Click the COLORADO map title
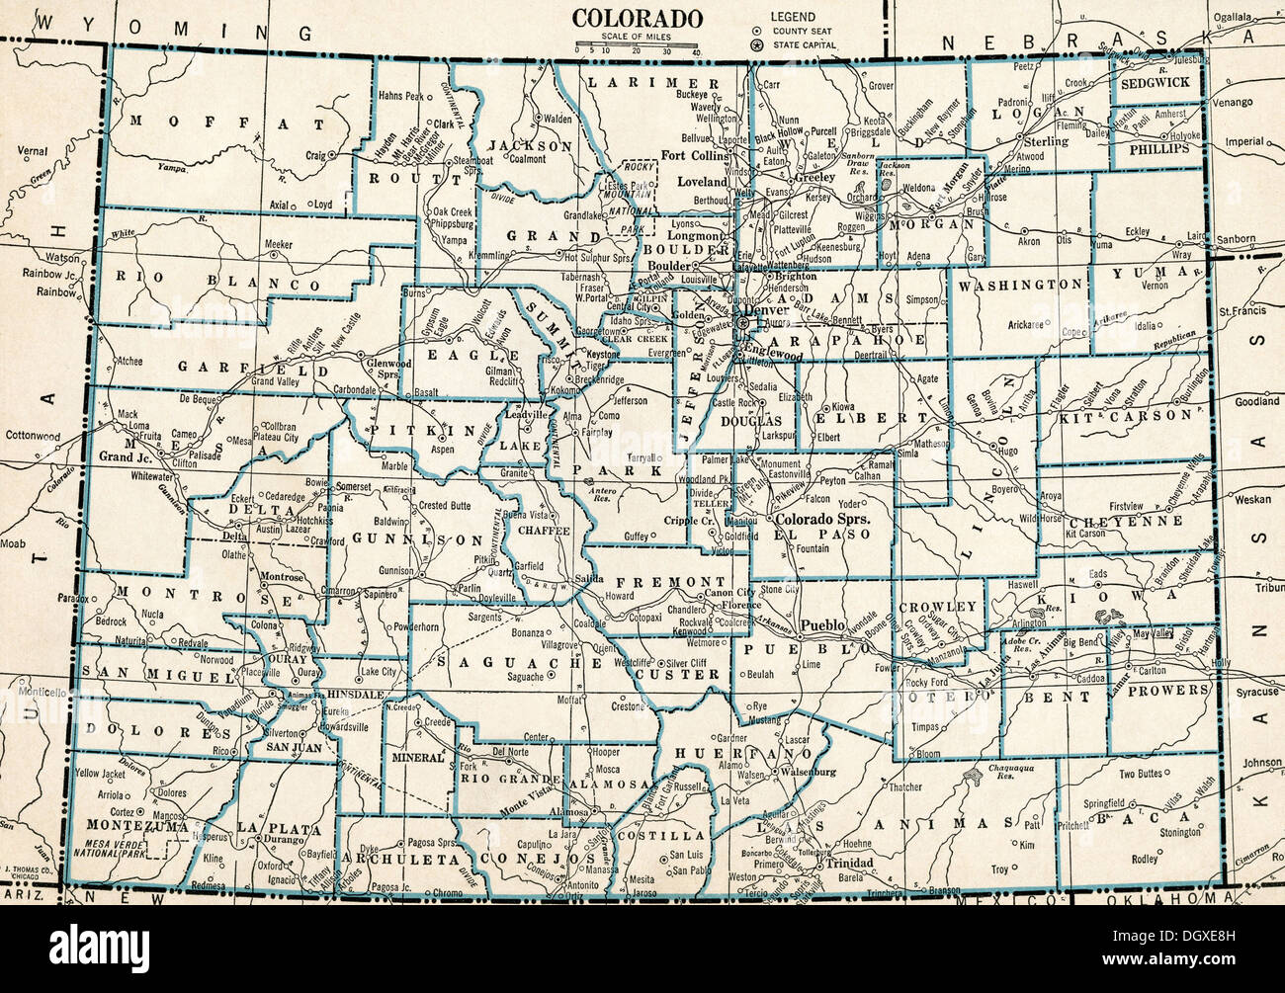pos(638,19)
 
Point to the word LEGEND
pos(793,17)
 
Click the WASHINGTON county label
pos(1019,285)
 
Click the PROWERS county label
pos(1172,690)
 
